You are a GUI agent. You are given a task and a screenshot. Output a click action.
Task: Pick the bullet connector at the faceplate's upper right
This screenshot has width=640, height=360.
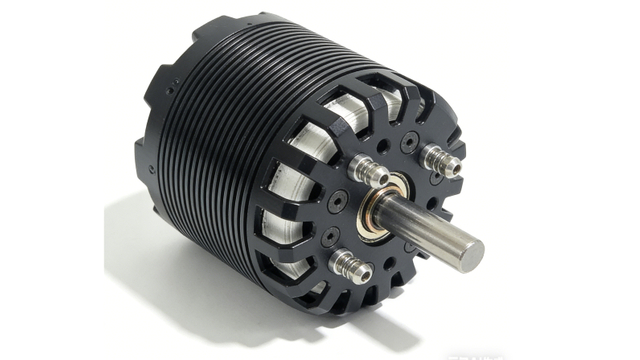click(439, 158)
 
